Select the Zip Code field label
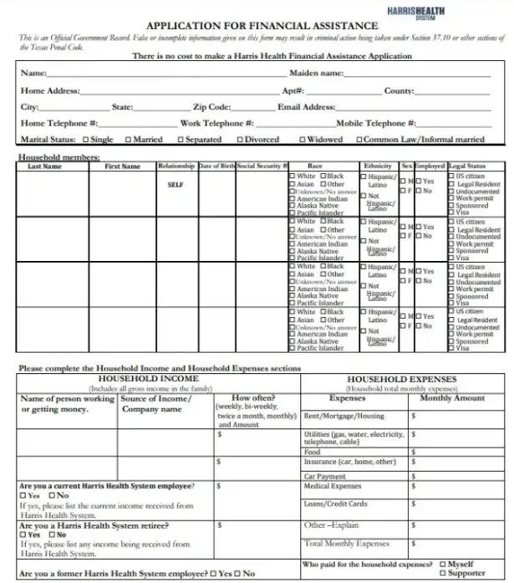(211, 107)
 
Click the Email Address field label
(306, 107)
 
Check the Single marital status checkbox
(86, 140)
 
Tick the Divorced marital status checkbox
(241, 140)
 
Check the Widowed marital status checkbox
(303, 140)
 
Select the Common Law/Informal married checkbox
(359, 140)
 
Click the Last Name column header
(45, 166)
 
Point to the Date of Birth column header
(216, 166)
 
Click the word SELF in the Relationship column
(176, 185)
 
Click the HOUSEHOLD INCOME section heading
(144, 379)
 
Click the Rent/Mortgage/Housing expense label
(344, 416)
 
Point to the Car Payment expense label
(324, 476)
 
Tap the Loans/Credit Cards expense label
(335, 504)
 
